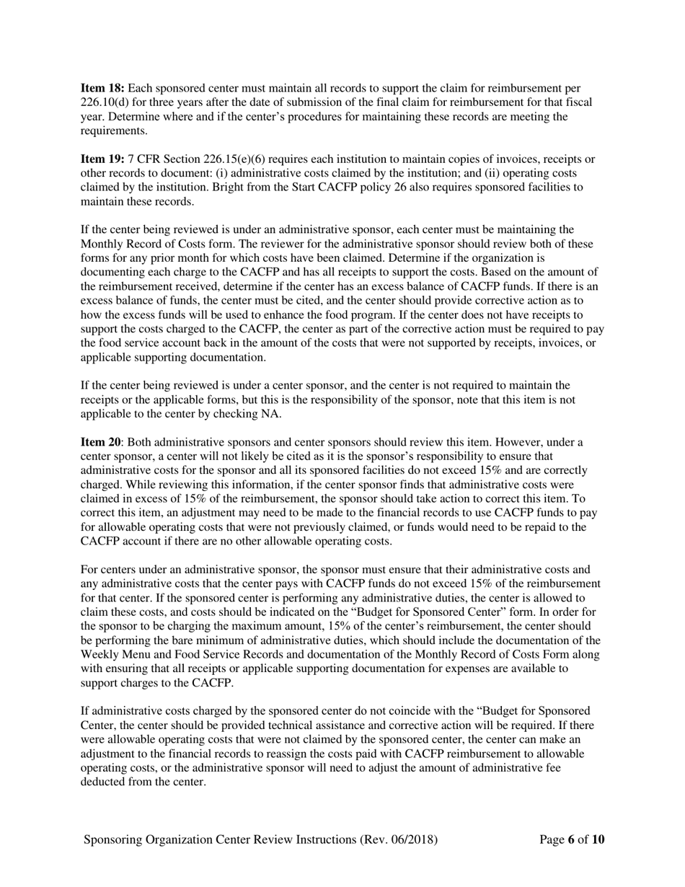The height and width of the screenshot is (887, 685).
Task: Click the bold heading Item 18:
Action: pyautogui.click(x=102, y=88)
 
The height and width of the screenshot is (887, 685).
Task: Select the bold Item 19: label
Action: pyautogui.click(x=102, y=159)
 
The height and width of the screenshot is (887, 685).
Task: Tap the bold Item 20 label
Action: pyautogui.click(x=100, y=442)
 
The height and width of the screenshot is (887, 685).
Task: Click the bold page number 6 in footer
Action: pyautogui.click(x=570, y=839)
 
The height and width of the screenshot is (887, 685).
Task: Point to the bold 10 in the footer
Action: pyautogui.click(x=598, y=839)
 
